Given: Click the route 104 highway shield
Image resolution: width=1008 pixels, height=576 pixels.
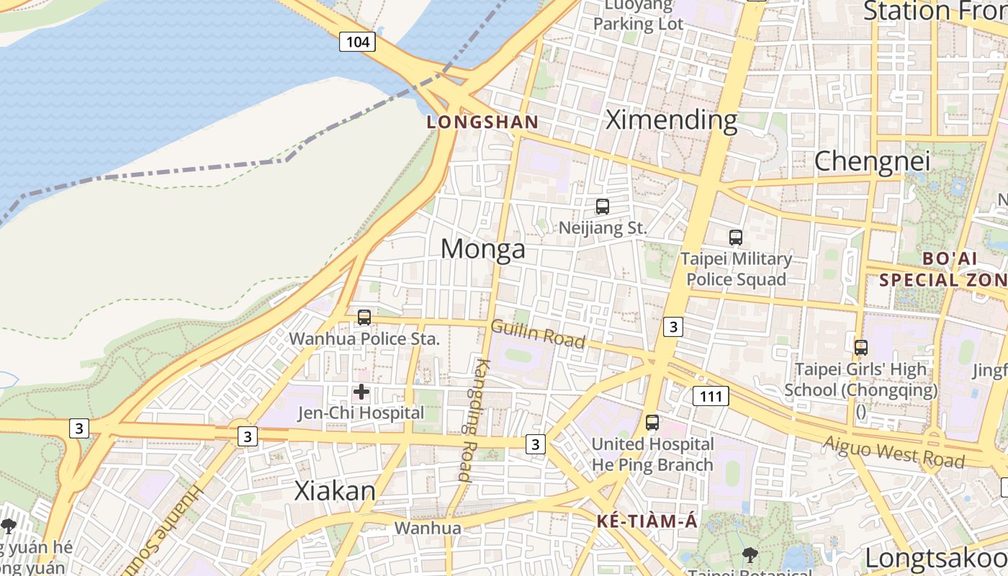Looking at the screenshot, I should click(x=358, y=42).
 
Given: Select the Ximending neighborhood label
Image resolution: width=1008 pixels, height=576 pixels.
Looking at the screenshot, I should click(x=671, y=120).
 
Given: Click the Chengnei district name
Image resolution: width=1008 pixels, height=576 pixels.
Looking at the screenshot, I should click(x=872, y=161).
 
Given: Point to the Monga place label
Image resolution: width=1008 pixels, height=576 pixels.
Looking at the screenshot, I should click(x=482, y=249).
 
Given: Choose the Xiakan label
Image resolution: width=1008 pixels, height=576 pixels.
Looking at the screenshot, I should click(x=335, y=491).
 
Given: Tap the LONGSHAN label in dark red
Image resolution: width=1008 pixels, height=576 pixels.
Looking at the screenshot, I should click(x=482, y=122).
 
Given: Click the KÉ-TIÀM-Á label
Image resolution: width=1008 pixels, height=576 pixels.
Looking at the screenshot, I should click(x=647, y=521).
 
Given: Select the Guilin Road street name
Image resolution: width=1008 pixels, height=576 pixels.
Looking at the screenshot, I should click(x=538, y=333).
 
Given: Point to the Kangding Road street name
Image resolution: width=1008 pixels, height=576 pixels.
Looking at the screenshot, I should click(x=469, y=419).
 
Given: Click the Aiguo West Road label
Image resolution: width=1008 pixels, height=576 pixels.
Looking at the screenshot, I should click(x=893, y=451).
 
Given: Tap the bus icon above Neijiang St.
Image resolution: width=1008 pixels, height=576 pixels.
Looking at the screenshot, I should click(x=603, y=207).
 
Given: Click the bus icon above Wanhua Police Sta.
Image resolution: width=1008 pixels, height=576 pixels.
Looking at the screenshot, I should click(x=364, y=317).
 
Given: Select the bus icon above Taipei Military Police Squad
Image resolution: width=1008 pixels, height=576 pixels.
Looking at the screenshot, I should click(x=736, y=237).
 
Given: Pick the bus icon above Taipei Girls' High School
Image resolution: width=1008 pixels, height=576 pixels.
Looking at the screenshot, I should click(x=860, y=348).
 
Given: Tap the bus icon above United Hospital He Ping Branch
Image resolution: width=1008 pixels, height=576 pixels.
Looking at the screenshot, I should click(x=652, y=423).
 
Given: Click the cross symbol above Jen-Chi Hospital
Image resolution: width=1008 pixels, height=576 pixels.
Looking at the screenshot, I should click(x=361, y=392).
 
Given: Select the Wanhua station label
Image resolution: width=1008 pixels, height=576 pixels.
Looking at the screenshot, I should click(x=428, y=528).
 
